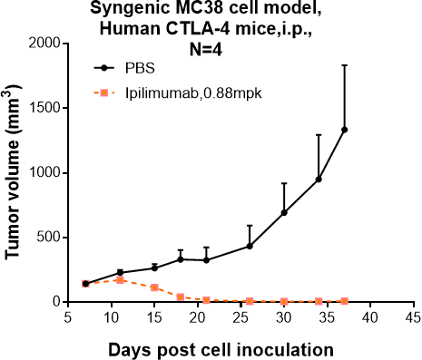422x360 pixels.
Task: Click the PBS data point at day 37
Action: (x=345, y=130)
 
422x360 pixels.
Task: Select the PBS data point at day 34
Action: (x=319, y=179)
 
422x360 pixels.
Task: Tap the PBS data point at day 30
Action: (x=284, y=212)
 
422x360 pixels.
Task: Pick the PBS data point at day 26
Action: (x=250, y=246)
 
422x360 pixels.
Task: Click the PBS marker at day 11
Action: (x=120, y=272)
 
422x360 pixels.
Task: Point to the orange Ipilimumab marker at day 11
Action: (x=120, y=279)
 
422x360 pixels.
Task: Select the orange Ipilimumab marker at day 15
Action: (x=154, y=287)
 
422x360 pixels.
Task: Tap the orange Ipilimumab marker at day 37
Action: (x=345, y=300)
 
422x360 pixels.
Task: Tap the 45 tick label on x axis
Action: (x=413, y=319)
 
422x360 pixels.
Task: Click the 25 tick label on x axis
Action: (x=240, y=319)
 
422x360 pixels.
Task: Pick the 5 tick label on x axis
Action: (x=68, y=319)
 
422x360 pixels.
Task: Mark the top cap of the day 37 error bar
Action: (x=345, y=65)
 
